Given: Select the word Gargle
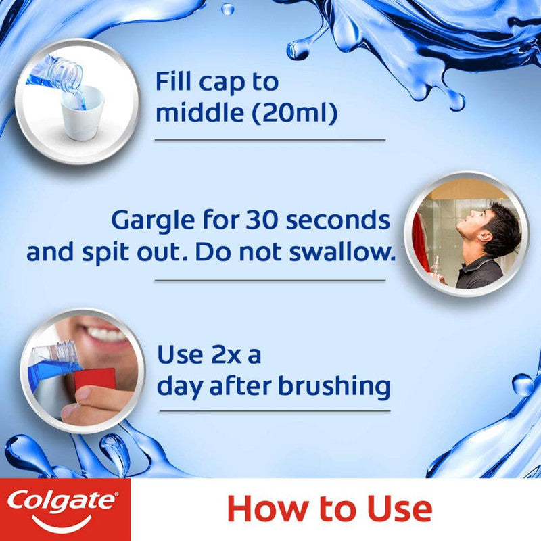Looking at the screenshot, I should pos(150,221).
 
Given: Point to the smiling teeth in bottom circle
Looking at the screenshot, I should pos(108,334).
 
